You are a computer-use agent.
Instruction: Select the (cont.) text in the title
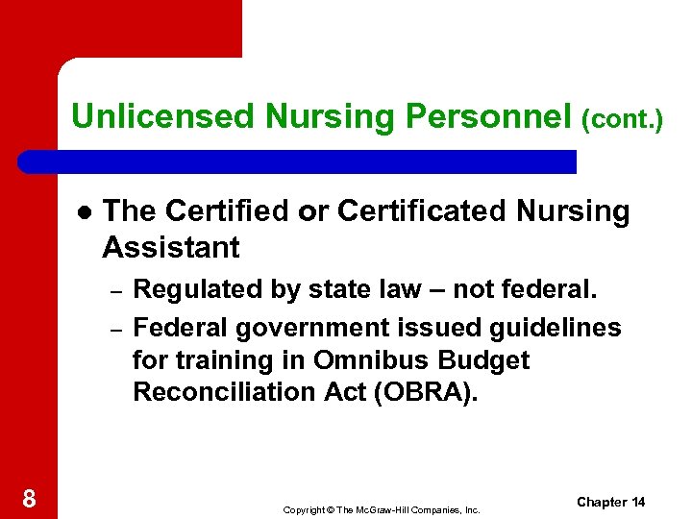pyautogui.click(x=622, y=119)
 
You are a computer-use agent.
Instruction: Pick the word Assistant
pyautogui.click(x=170, y=247)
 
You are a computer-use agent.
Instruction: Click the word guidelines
pyautogui.click(x=550, y=328)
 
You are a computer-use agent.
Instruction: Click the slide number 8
pyautogui.click(x=29, y=498)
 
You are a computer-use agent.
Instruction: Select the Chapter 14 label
pyautogui.click(x=611, y=503)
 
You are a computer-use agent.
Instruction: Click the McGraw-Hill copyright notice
pyautogui.click(x=382, y=509)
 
